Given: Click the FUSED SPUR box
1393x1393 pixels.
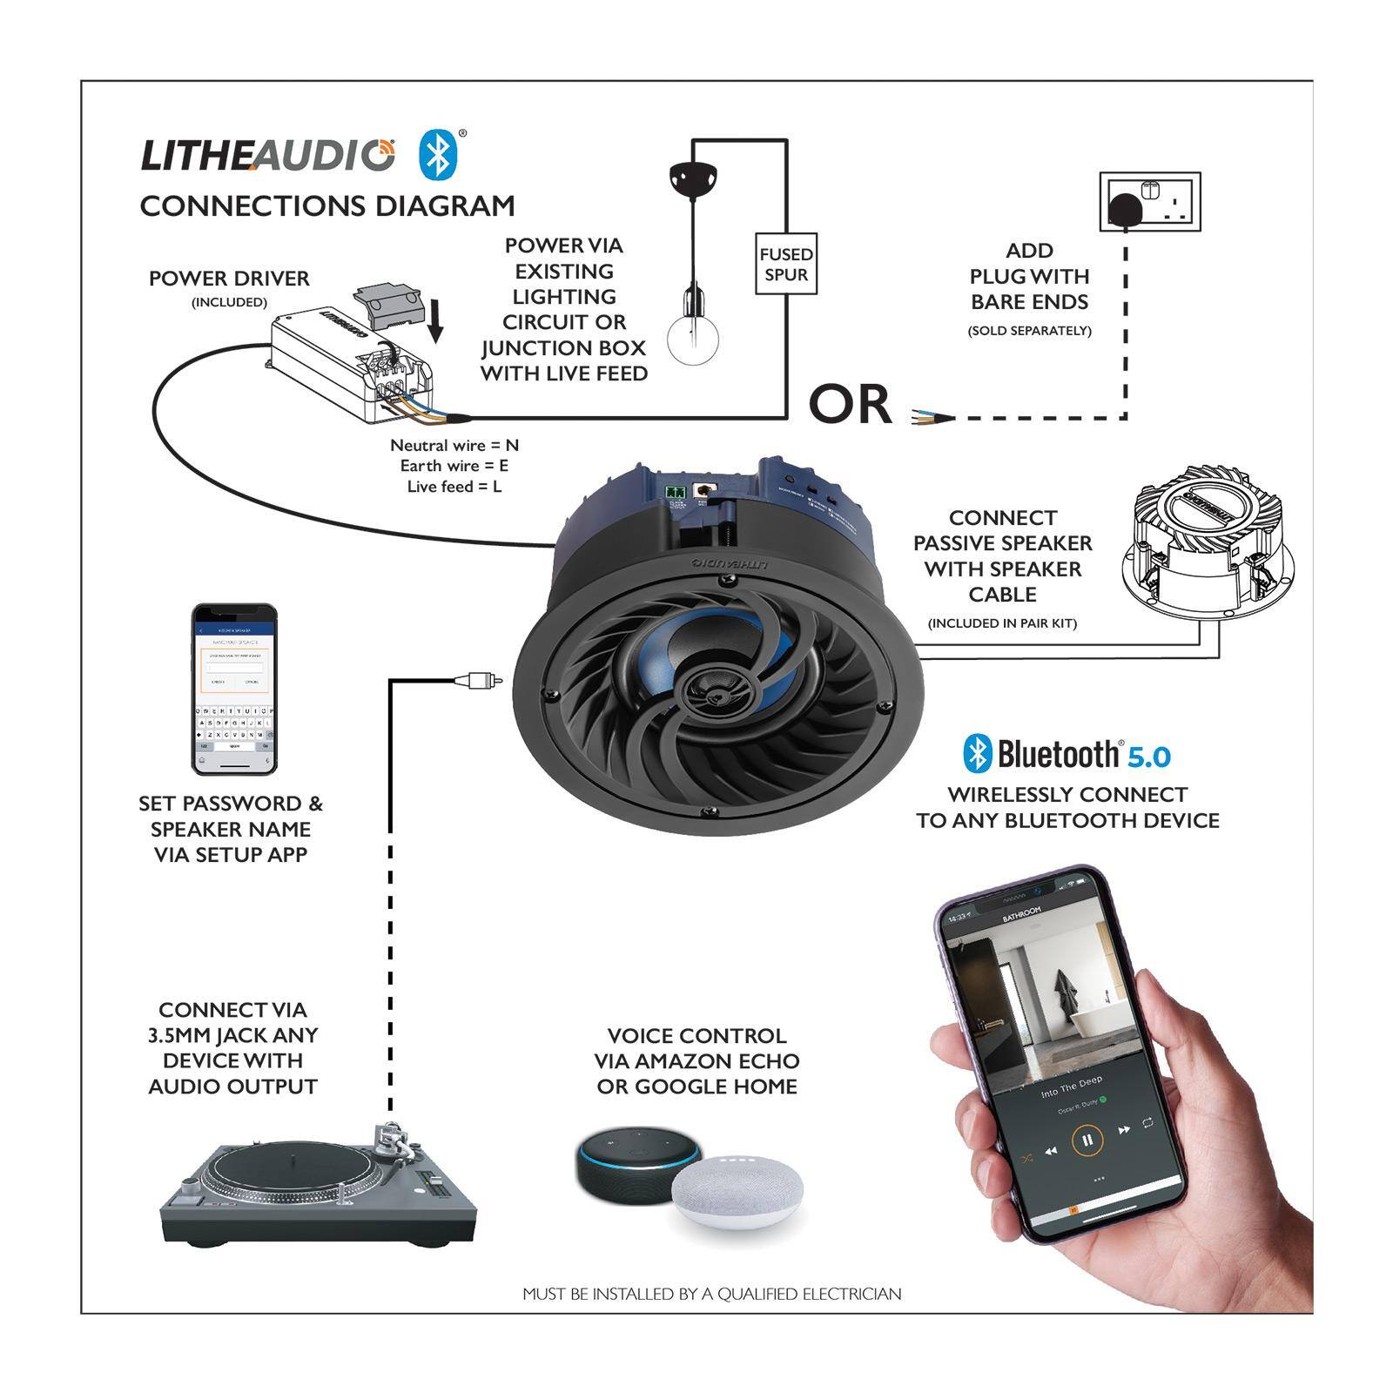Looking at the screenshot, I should pyautogui.click(x=785, y=264).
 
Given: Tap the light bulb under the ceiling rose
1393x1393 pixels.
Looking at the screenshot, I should pyautogui.click(x=693, y=339).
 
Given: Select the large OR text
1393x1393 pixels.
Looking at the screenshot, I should pyautogui.click(x=851, y=405).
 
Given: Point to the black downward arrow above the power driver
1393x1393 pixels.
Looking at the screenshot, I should pyautogui.click(x=436, y=322).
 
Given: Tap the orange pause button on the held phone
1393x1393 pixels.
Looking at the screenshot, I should pyautogui.click(x=1087, y=1139).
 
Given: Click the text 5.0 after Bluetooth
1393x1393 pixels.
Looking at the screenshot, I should pyautogui.click(x=1149, y=757).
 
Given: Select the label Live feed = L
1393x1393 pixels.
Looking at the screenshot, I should pyautogui.click(x=454, y=487).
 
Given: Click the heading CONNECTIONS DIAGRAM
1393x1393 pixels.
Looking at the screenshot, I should pyautogui.click(x=327, y=206).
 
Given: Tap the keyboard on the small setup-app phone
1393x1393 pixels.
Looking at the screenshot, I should pyautogui.click(x=234, y=727).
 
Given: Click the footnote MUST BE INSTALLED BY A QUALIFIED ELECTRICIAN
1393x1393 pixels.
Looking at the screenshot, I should pyautogui.click(x=711, y=1294).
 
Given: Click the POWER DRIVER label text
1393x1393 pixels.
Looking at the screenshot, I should pyautogui.click(x=229, y=279).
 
